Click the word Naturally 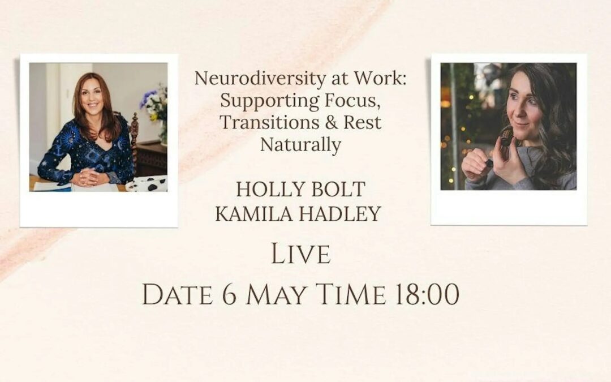click(300, 145)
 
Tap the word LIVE click(301, 254)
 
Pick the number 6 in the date click(230, 294)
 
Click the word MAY click(276, 294)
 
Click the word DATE click(178, 294)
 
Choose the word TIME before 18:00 click(351, 294)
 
